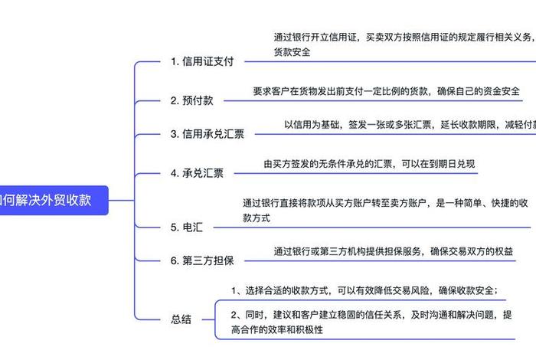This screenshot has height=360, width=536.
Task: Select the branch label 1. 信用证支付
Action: pyautogui.click(x=201, y=61)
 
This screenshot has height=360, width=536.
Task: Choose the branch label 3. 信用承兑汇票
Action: pyautogui.click(x=207, y=134)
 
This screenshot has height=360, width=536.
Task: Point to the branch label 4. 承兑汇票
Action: pyautogui.click(x=197, y=173)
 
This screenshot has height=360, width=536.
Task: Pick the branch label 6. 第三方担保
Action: pyautogui.click(x=201, y=260)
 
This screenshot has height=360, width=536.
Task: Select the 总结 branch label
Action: pyautogui.click(x=181, y=319)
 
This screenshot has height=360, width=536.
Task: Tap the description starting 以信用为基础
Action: pyautogui.click(x=406, y=124)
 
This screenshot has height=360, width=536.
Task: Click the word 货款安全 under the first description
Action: pyautogui.click(x=292, y=51)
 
